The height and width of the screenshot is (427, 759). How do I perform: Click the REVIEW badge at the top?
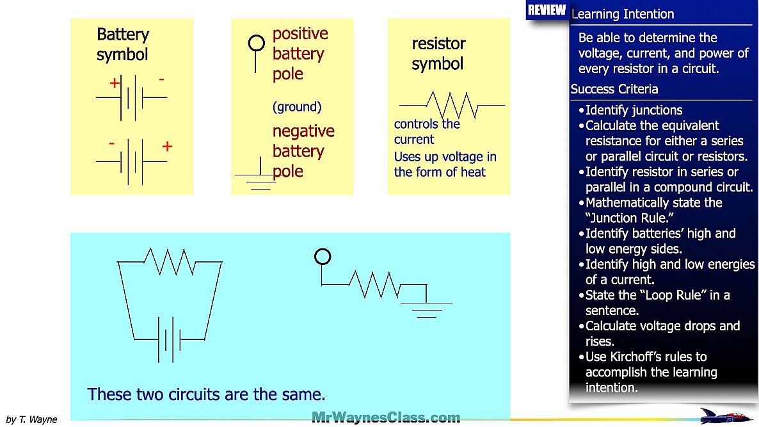tap(547, 10)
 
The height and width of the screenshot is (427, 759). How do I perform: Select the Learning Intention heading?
tap(623, 14)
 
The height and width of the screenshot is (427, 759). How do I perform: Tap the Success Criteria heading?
tap(614, 89)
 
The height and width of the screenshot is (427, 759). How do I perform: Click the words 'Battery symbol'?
tap(123, 44)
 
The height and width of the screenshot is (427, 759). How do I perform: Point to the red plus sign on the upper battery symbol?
tap(115, 83)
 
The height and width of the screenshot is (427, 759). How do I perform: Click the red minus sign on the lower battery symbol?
tap(111, 144)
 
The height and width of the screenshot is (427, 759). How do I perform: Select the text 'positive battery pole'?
tap(300, 54)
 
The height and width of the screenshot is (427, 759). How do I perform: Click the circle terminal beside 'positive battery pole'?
tap(256, 44)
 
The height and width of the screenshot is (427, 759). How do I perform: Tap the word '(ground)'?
tap(297, 107)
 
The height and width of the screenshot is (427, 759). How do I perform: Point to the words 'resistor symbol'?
tap(438, 54)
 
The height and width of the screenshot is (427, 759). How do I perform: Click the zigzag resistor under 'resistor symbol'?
tap(452, 104)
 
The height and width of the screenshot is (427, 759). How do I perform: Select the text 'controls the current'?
tap(426, 132)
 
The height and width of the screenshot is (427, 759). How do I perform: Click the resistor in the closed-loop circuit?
tap(170, 261)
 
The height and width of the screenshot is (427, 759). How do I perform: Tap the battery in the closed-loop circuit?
tap(169, 339)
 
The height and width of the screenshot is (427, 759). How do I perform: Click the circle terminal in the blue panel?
tap(323, 257)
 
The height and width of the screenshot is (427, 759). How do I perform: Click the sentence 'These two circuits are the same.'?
tap(206, 394)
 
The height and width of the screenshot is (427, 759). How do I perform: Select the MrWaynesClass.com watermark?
tap(386, 418)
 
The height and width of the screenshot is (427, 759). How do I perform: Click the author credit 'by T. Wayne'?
tap(31, 420)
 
